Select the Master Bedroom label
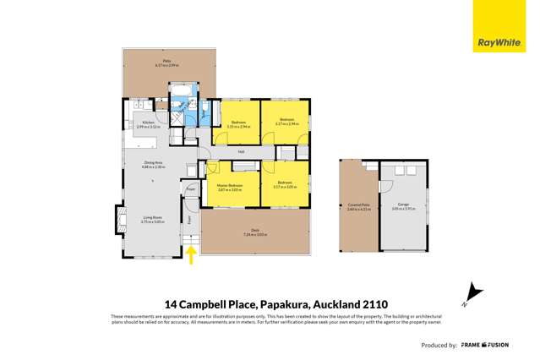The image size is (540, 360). coord(230,187)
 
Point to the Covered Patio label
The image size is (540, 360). coord(357,205)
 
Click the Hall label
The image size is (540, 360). coord(241,152)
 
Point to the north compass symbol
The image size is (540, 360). coord(474,292)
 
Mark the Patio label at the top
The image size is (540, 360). coord(167,62)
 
